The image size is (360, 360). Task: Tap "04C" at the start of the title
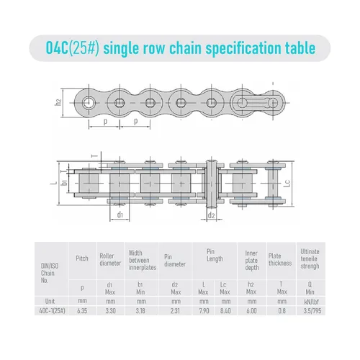coord(58,48)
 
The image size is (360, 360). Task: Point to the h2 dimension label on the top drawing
coord(58,102)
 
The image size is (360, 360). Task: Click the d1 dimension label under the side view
coord(120,215)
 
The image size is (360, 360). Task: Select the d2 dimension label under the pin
coord(211,215)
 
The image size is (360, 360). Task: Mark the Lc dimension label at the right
coord(287,183)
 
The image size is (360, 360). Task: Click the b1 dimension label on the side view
coord(64,182)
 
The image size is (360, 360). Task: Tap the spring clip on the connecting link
coord(257,103)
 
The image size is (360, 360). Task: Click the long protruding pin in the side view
coord(212,184)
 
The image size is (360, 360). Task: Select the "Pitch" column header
coord(82,258)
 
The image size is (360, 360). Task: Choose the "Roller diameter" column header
coord(110,260)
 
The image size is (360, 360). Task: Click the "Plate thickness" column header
coord(280,260)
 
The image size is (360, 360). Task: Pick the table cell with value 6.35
coord(82,311)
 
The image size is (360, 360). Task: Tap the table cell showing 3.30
coord(110,311)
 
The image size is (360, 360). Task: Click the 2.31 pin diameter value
coord(175,311)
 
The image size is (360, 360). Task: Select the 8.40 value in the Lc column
coord(225,311)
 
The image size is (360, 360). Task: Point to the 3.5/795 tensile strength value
coord(312,311)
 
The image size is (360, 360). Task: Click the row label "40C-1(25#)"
coord(52,311)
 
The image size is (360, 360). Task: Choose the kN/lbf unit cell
coord(311,302)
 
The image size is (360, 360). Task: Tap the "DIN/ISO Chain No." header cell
coord(50,273)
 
